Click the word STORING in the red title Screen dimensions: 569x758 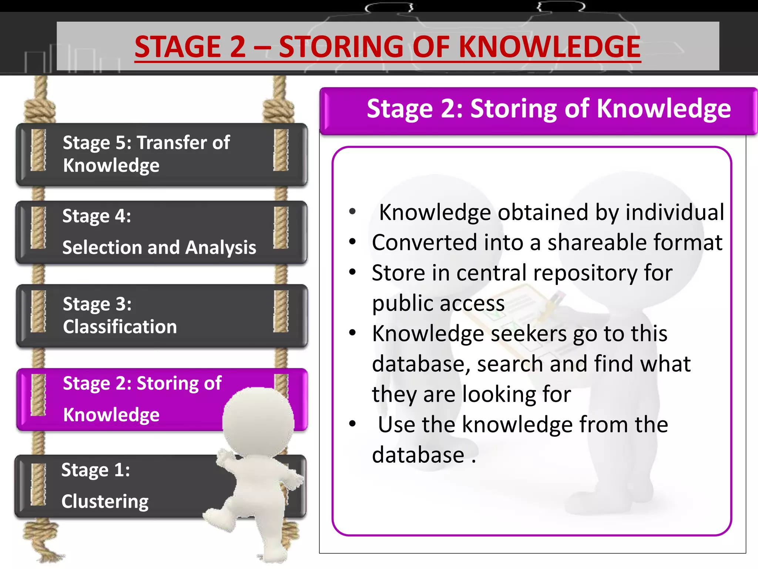(x=341, y=47)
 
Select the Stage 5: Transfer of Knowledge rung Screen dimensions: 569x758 (x=161, y=154)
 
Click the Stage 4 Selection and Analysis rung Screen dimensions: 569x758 (x=161, y=232)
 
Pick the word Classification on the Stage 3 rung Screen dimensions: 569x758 (x=120, y=327)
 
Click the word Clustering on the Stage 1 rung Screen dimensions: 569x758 (x=105, y=502)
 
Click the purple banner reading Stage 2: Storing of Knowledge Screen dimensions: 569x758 (x=539, y=110)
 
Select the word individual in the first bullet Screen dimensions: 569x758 (x=674, y=212)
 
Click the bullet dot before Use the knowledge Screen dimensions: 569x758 (x=352, y=423)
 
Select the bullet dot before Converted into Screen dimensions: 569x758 (x=352, y=242)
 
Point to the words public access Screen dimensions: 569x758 (x=438, y=303)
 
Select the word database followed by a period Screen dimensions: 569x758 (x=418, y=455)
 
